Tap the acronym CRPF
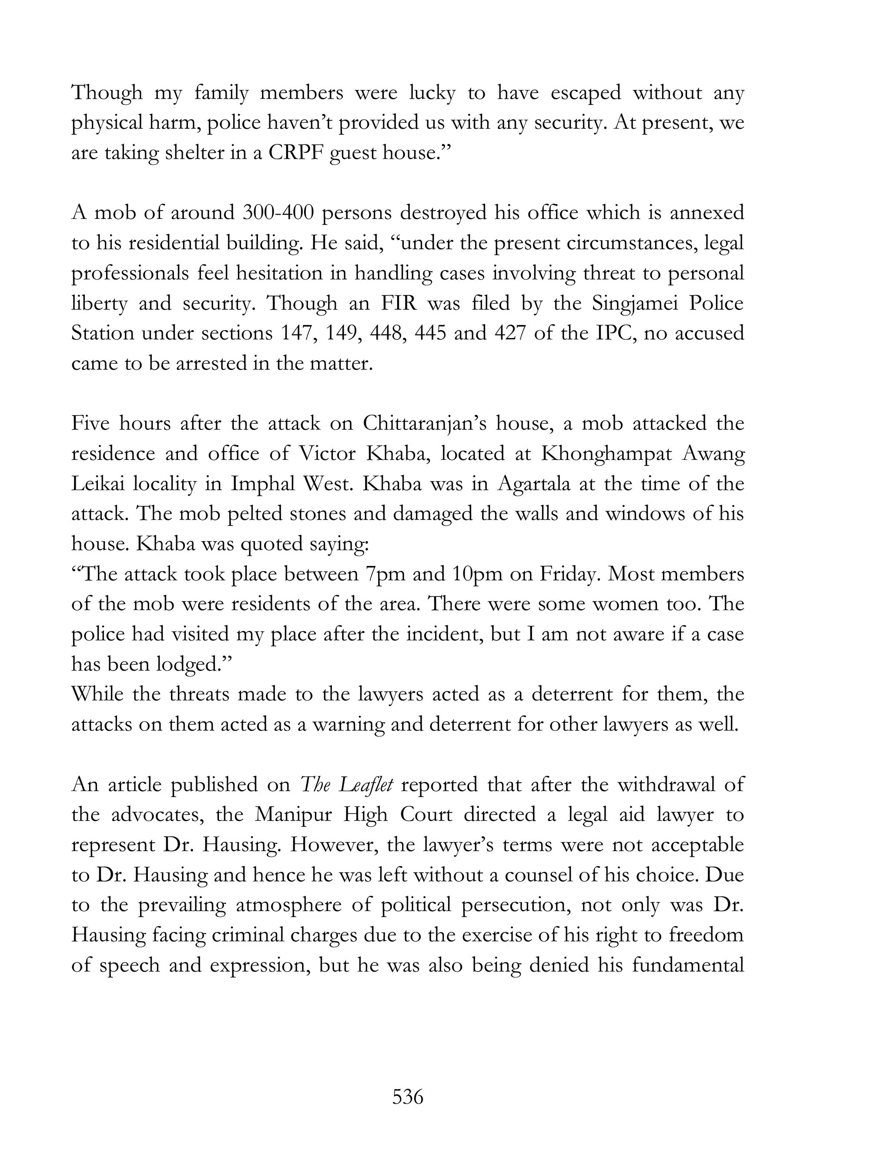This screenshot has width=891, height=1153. (x=293, y=153)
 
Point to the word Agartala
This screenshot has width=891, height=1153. (x=534, y=483)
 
